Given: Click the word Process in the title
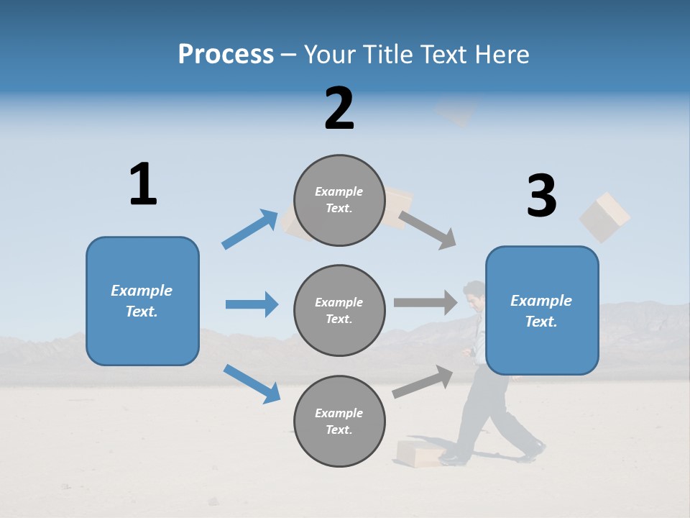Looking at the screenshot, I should pos(226,55).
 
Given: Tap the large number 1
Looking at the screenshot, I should pos(143,184).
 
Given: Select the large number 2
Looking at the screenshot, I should pos(339,109).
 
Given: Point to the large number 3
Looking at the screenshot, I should pos(541,196).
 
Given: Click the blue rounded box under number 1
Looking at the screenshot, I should pos(142,301).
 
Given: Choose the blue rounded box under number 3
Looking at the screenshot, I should pos(542,310).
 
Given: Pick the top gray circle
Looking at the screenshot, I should pos(339,200).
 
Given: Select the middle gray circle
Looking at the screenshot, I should pos(339,310).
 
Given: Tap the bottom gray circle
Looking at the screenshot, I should pos(339,421).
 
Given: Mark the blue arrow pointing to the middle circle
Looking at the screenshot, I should pos(252,304).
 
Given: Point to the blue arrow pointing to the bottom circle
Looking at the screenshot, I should pos(252,383).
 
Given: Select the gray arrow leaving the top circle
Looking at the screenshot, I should pos(428,230).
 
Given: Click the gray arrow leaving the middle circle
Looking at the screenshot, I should pos(425,302).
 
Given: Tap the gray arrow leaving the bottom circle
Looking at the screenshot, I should pos(423,381).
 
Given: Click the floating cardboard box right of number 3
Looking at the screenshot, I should pos(604,216).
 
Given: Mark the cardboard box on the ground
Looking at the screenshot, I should pos(420,453).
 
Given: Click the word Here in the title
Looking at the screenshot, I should pos(500,55).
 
